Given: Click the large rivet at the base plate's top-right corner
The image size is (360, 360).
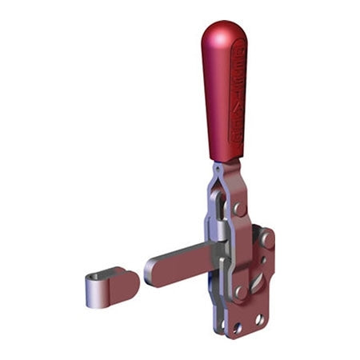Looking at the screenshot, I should click(x=266, y=238).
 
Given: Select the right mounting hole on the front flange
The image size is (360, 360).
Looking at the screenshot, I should click(x=259, y=319).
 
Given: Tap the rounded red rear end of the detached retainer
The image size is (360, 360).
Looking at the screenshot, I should click(x=130, y=280).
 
